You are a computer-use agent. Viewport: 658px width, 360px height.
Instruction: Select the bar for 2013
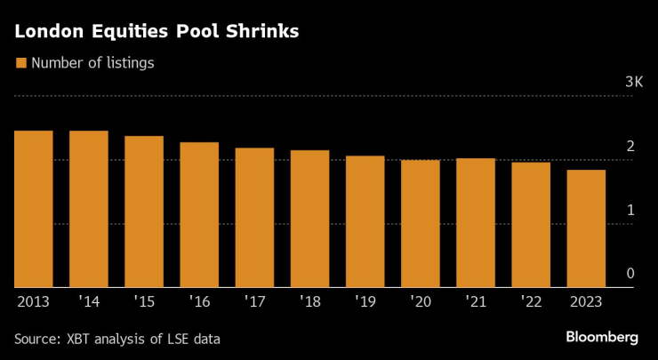pos(33,209)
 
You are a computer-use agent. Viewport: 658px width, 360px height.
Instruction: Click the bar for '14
pos(89,209)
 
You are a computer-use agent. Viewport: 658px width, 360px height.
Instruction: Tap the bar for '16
pos(199,214)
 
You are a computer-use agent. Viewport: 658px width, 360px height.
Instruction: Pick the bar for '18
pos(309,219)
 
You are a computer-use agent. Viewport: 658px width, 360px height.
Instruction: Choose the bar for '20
pos(421,223)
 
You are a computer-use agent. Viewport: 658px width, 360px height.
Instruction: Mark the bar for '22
pos(531,225)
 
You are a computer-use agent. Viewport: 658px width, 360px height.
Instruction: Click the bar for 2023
pos(586,228)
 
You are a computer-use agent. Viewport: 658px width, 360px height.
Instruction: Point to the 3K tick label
pos(634,82)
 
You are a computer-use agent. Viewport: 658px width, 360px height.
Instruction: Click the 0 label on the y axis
pos(630,274)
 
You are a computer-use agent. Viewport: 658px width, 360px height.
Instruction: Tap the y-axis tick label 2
pos(630,146)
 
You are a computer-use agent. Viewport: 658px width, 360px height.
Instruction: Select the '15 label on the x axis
pos(143,302)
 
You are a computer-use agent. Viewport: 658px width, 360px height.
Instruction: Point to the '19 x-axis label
pos(365,302)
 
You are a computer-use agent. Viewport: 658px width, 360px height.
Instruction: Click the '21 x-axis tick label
pos(475,302)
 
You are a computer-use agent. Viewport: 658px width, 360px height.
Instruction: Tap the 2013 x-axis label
pos(33,302)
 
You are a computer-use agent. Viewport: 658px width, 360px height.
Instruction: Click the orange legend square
pos(21,63)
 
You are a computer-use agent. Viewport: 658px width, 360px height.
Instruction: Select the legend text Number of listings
pos(93,63)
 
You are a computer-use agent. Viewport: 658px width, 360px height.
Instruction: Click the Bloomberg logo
pos(602,338)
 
